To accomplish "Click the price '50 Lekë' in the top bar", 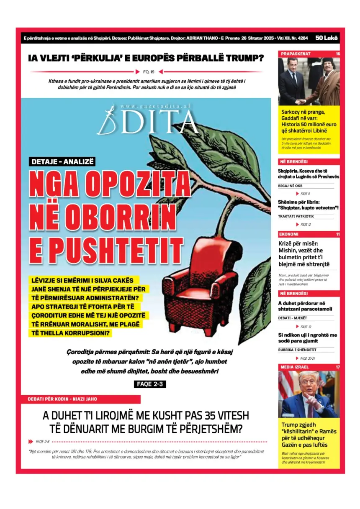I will [x=327, y=38].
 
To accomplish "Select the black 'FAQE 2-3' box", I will [x=150, y=384].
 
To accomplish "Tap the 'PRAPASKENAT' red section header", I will [x=296, y=54].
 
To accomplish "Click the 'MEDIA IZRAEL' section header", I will [x=295, y=367].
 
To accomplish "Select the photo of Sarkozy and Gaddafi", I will [x=309, y=81].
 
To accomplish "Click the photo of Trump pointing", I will [x=309, y=394].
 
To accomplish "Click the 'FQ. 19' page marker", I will [x=149, y=72].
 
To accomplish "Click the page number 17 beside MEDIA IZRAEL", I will [x=337, y=367].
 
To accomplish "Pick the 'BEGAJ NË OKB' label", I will [x=290, y=186].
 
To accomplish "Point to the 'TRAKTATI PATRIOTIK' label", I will [x=296, y=217].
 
